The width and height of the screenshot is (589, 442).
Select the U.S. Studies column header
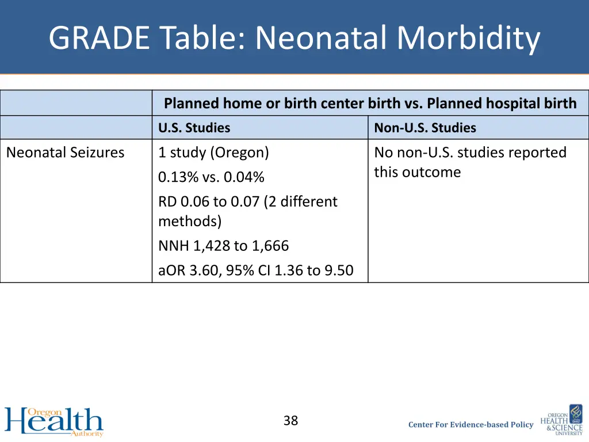pos(194,128)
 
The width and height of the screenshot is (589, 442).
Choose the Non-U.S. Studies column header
pos(424,128)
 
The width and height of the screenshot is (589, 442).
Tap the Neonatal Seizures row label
pos(65,153)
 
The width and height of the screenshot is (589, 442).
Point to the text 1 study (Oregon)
pos(213,153)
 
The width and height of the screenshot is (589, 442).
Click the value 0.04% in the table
pos(244,177)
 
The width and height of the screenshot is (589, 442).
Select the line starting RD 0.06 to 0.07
pos(247,201)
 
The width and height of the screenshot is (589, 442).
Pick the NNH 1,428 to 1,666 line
pos(223,246)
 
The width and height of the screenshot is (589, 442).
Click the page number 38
pos(290,421)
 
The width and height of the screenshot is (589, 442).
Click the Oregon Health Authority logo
pos(53,421)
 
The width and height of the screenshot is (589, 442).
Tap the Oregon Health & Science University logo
pos(561,420)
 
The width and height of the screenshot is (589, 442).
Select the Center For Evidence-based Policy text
pos(471,425)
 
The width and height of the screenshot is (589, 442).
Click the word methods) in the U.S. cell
pos(190,221)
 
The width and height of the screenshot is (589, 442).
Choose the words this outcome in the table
pos(417,172)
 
